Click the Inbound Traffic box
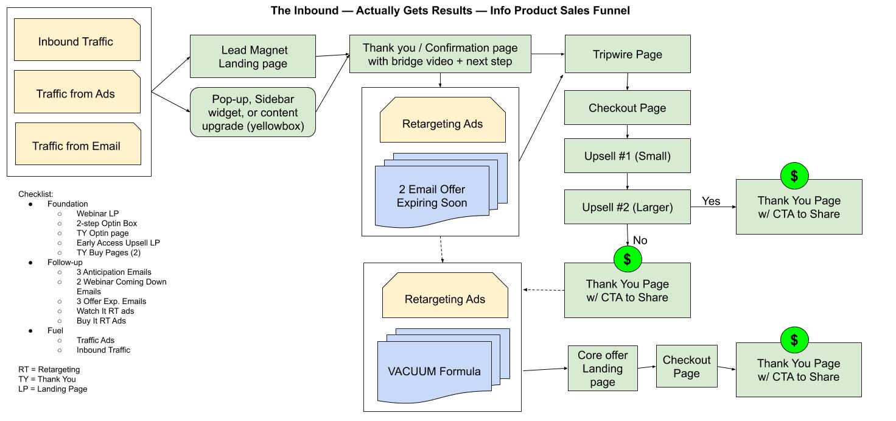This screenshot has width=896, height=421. (x=77, y=40)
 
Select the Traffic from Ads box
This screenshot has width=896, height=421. (x=77, y=93)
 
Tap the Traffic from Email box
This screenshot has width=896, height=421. (x=77, y=145)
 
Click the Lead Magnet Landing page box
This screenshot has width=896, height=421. (x=253, y=57)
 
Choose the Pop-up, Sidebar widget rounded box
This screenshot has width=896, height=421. (x=253, y=112)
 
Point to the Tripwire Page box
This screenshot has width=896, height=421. (x=627, y=54)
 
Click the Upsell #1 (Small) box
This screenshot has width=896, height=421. (x=627, y=156)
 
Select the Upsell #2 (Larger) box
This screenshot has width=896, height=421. (x=627, y=207)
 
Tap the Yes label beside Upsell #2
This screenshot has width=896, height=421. (x=710, y=201)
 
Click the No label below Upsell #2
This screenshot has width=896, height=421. (x=640, y=241)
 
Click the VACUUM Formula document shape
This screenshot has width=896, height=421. (x=434, y=372)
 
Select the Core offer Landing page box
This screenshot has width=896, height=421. (x=602, y=369)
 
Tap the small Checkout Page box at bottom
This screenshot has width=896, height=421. (x=686, y=366)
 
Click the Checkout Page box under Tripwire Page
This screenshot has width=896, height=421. (x=627, y=108)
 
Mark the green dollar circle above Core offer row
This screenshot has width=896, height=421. (x=794, y=340)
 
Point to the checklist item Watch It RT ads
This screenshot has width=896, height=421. (x=105, y=311)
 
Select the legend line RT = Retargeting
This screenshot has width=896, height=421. (x=49, y=370)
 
